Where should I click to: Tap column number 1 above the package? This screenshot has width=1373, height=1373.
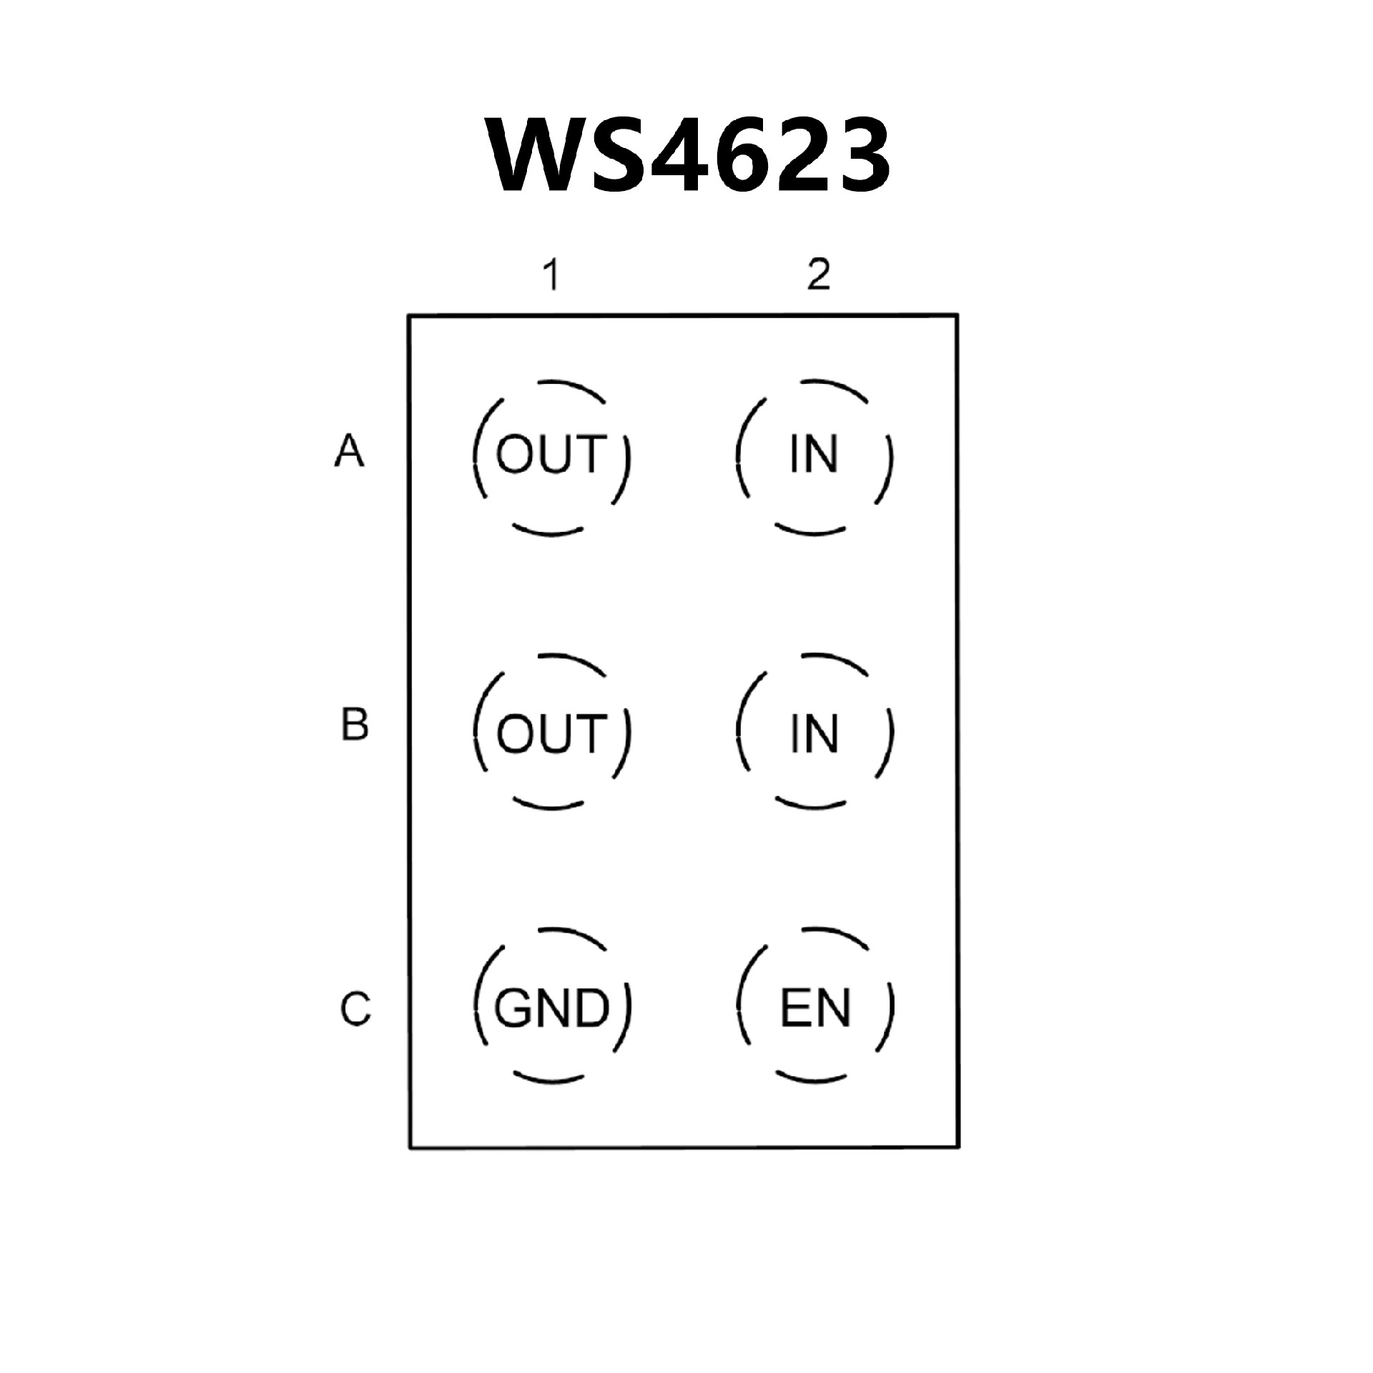tap(550, 275)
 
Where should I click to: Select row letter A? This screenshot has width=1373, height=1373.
tap(349, 451)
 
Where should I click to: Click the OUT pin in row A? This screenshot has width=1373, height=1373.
tap(551, 455)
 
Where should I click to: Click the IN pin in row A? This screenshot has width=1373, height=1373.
tap(814, 455)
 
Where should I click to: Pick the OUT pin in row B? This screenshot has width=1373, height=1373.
tap(551, 734)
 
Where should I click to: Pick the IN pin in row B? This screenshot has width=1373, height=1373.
tap(814, 734)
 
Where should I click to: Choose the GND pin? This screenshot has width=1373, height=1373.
tap(551, 1008)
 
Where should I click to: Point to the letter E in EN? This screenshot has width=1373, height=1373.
tap(795, 1008)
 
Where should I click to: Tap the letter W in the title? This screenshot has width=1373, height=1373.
tap(533, 156)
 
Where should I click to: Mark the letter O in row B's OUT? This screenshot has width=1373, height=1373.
tap(515, 734)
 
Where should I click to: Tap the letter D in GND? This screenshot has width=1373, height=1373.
tap(591, 1008)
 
